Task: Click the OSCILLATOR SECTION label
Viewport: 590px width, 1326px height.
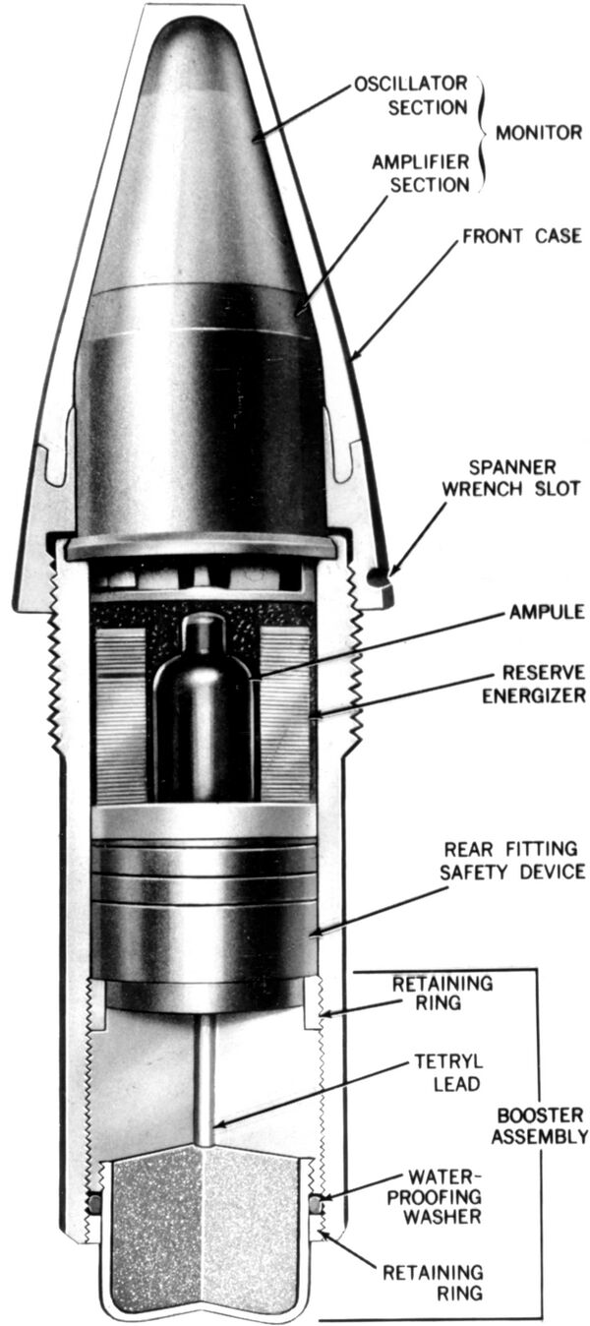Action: click(x=411, y=95)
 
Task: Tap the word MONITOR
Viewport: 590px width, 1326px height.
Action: click(x=539, y=133)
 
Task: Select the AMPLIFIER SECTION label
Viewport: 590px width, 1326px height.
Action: click(x=420, y=173)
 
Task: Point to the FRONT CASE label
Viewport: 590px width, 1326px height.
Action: click(x=521, y=236)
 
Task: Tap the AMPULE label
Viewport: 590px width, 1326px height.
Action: click(x=547, y=612)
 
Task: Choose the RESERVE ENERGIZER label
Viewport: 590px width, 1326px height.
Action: click(x=534, y=684)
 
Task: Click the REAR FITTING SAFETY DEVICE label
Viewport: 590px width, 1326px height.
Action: click(x=512, y=861)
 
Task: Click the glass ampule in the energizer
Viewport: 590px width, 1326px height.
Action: click(x=204, y=707)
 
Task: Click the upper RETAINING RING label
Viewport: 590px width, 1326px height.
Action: click(x=442, y=994)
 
